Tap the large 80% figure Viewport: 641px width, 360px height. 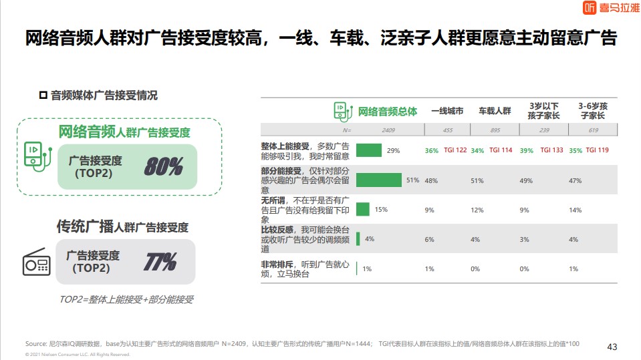click(164, 166)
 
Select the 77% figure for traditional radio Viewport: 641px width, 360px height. click(160, 261)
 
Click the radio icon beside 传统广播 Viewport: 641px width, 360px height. click(37, 262)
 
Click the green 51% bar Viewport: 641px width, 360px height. click(379, 180)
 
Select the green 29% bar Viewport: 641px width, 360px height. click(369, 150)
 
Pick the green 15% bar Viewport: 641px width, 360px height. click(363, 209)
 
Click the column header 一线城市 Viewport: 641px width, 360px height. click(447, 111)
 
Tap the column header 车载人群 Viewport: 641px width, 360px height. click(495, 111)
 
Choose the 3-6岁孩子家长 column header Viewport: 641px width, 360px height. click(592, 111)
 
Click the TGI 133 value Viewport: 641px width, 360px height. click(551, 150)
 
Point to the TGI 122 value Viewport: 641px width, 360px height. click(455, 150)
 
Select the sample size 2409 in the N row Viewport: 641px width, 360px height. click(389, 130)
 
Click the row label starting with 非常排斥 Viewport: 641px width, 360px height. click(304, 268)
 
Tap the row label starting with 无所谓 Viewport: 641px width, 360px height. click(304, 209)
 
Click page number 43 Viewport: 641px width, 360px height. click(612, 346)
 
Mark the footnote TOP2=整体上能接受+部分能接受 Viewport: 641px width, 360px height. click(126, 300)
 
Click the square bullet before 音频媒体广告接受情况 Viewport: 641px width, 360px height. click(43, 95)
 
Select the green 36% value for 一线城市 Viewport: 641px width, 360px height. click(431, 150)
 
